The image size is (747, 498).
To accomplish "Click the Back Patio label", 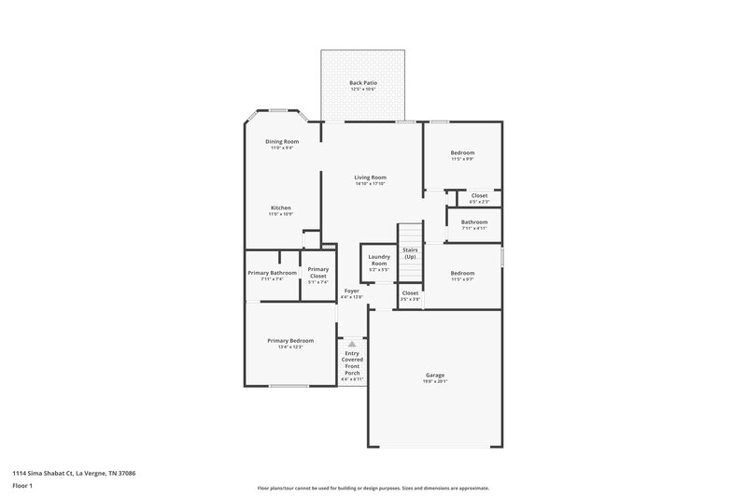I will (362, 83).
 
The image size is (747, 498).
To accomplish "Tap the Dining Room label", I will (282, 142).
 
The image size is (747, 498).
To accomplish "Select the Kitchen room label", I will (281, 207).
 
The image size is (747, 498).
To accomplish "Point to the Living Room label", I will (370, 178).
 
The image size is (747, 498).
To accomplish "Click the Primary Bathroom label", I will (272, 273).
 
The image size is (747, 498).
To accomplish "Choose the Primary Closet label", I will (317, 273).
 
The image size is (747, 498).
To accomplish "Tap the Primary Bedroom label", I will (289, 341).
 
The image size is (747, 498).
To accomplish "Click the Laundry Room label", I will (378, 260).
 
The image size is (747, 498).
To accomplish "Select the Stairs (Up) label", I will (410, 253).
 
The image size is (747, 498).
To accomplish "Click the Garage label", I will (435, 375).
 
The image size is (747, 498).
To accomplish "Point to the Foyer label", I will (351, 292).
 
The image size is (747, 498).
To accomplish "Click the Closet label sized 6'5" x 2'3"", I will (479, 196).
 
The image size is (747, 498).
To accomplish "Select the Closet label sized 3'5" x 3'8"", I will (410, 293).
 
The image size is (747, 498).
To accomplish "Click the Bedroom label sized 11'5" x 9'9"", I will (462, 153).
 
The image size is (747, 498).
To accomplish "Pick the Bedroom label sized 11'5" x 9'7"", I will (462, 274).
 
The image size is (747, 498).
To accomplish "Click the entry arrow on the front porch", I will (352, 344).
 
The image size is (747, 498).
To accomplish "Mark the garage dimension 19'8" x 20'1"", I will (435, 381).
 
